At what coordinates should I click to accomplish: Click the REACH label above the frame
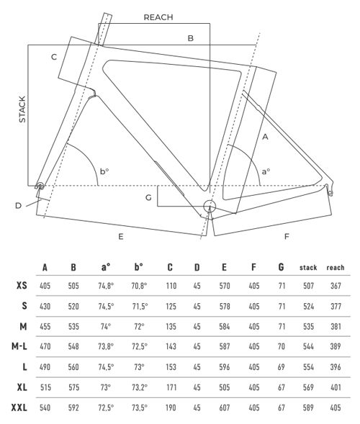tap(158, 17)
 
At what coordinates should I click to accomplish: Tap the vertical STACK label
tap(22, 109)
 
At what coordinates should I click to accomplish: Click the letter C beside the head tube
tap(54, 57)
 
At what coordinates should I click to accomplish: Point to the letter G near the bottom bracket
tap(148, 198)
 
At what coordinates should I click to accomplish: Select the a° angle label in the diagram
tap(266, 171)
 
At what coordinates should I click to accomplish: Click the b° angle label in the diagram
tap(104, 171)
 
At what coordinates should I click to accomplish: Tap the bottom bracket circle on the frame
tap(210, 207)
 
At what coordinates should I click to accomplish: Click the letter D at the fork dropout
tap(18, 206)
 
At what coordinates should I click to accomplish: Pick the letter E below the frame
tap(121, 237)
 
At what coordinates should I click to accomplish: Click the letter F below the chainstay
tap(287, 237)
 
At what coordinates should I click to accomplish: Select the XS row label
tap(22, 285)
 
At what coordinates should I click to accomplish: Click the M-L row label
tap(19, 346)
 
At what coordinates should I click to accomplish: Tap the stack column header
tap(308, 268)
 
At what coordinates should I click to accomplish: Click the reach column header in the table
tap(336, 268)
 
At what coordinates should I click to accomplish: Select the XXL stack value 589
tap(308, 407)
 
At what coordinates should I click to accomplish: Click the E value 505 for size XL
tap(225, 387)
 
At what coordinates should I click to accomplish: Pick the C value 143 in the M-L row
tap(171, 346)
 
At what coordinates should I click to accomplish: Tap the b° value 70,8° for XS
tap(139, 286)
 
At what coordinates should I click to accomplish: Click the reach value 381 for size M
tap(336, 327)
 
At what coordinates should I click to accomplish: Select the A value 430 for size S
tap(45, 307)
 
